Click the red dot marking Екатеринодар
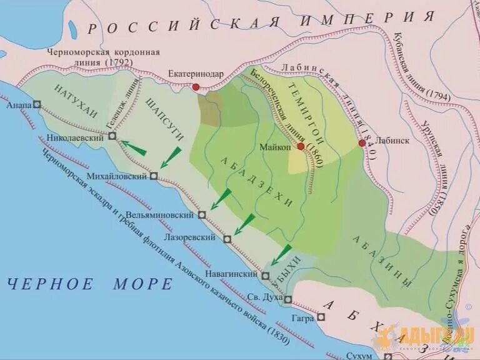pos(196,87)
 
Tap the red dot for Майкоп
pos(301,147)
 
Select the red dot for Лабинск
pos(362,143)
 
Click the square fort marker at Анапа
pos(37,106)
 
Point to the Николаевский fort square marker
pos(112,136)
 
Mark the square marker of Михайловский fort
pos(153,176)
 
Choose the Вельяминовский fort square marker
pos(202,215)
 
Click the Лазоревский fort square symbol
pos(227,239)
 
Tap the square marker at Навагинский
pos(266,276)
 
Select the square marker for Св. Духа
pos(288,300)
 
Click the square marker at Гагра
pos(321,317)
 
